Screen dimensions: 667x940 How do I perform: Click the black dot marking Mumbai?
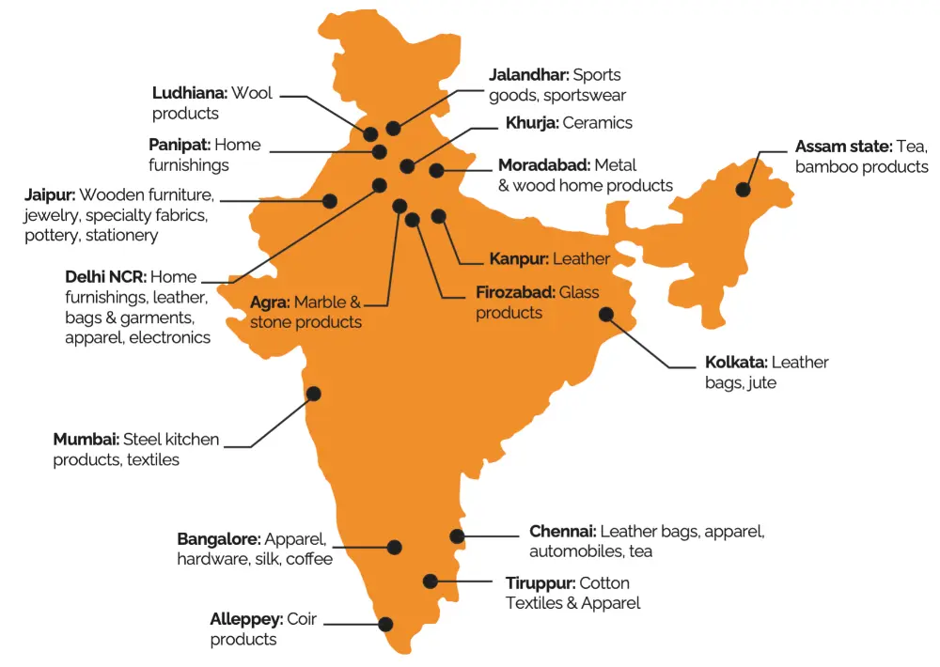click(x=314, y=394)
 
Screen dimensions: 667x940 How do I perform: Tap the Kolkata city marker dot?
click(x=606, y=315)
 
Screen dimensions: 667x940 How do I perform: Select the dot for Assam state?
click(x=744, y=189)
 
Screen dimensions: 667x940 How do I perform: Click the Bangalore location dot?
click(x=395, y=547)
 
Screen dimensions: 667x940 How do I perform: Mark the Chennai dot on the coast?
click(x=457, y=536)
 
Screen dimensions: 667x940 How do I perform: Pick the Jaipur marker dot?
click(x=330, y=200)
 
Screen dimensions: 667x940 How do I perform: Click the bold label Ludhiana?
click(x=189, y=93)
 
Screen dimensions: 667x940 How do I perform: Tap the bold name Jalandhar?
click(x=528, y=74)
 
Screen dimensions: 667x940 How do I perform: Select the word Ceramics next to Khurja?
click(x=598, y=123)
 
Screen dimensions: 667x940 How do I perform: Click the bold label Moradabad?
click(x=544, y=165)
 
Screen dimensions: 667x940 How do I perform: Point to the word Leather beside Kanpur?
click(x=581, y=258)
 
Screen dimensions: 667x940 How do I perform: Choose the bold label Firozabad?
click(x=515, y=292)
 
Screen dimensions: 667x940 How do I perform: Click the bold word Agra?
click(x=270, y=302)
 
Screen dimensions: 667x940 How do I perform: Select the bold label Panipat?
click(x=180, y=145)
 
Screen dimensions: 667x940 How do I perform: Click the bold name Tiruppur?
click(x=540, y=583)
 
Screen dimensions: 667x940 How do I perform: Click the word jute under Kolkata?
click(x=761, y=383)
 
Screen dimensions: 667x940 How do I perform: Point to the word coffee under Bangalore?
click(x=309, y=559)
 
